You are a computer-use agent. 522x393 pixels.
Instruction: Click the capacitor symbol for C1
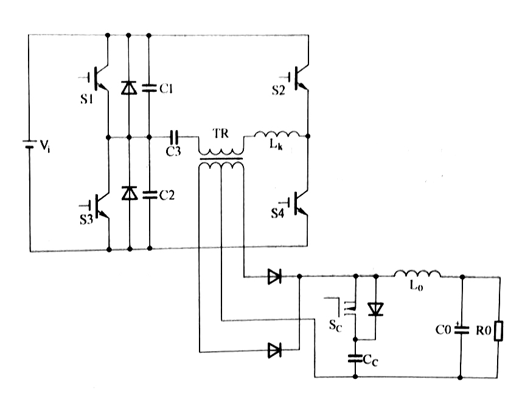(148, 89)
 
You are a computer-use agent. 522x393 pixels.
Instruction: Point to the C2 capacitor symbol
(148, 194)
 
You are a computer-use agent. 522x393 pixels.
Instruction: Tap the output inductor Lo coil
(417, 275)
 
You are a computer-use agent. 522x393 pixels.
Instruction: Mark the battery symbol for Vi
(28, 146)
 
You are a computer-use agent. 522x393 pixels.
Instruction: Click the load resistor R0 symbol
(499, 332)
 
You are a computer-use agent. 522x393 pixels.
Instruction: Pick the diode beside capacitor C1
(128, 89)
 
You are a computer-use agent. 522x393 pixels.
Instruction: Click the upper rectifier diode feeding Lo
(274, 277)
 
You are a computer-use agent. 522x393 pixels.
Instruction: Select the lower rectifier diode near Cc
(274, 349)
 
